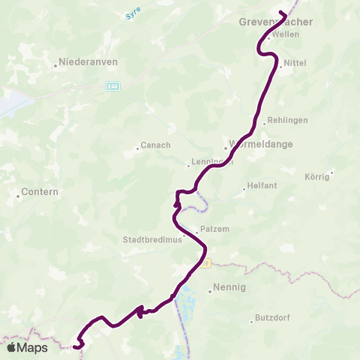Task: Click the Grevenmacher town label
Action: pyautogui.click(x=275, y=22)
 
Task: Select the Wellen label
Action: pyautogui.click(x=286, y=34)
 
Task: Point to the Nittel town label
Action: pyautogui.click(x=294, y=65)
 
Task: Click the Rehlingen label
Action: pyautogui.click(x=288, y=120)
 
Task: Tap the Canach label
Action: pyautogui.click(x=156, y=145)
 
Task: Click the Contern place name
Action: pyautogui.click(x=38, y=193)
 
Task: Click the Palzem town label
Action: pyautogui.click(x=211, y=230)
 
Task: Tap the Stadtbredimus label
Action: pyautogui.click(x=152, y=241)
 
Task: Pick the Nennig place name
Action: pyautogui.click(x=230, y=286)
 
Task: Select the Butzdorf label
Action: pyautogui.click(x=272, y=317)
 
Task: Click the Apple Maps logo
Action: pyautogui.click(x=27, y=347)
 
